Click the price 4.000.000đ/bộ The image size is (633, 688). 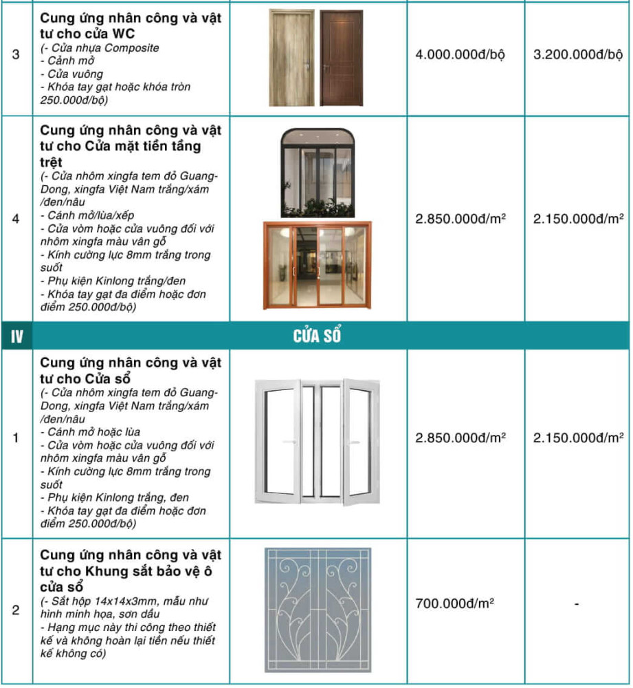pyautogui.click(x=460, y=55)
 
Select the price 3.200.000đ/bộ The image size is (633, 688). pyautogui.click(x=577, y=55)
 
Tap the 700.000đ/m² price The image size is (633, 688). pyautogui.click(x=455, y=604)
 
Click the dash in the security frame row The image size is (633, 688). pyautogui.click(x=577, y=604)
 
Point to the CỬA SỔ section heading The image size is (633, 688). pyautogui.click(x=317, y=336)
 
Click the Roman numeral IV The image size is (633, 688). pyautogui.click(x=16, y=336)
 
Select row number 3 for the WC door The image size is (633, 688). pyautogui.click(x=16, y=55)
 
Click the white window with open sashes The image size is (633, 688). pyautogui.click(x=317, y=442)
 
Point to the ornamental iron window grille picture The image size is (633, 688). pyautogui.click(x=317, y=610)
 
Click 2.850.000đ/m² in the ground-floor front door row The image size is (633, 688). pyautogui.click(x=460, y=219)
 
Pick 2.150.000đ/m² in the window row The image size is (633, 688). pyautogui.click(x=578, y=438)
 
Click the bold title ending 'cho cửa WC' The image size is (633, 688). pyautogui.click(x=131, y=25)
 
